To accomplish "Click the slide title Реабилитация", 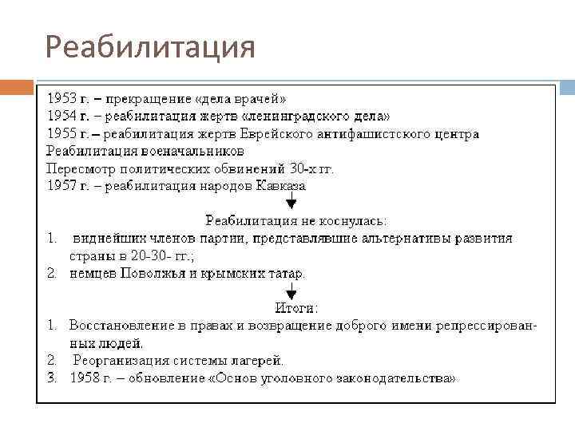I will pos(150,46).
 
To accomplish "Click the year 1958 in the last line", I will pos(85,378).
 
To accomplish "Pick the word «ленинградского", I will pos(283,117).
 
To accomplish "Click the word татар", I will pos(286,273).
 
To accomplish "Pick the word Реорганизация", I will pos(116,361).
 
